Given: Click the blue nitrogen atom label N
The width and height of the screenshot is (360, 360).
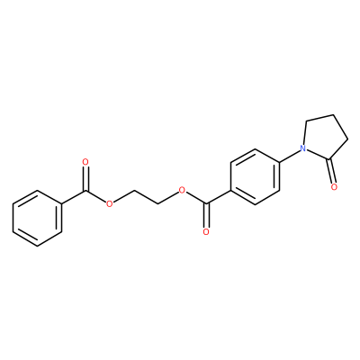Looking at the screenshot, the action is point(303,148).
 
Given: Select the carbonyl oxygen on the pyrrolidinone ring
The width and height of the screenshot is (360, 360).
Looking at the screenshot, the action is point(335,187).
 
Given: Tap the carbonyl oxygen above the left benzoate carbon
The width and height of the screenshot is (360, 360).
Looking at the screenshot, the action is point(85,162).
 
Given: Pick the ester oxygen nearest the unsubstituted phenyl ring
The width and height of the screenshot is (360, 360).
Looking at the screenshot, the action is point(110,204).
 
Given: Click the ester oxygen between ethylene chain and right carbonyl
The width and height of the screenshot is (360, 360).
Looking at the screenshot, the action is point(181,190).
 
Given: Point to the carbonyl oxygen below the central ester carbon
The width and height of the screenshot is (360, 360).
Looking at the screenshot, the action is point(206,232).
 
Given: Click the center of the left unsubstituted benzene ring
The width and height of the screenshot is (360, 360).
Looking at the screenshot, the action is point(38,218).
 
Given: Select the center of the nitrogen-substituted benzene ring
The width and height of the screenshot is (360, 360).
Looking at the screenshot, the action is point(255,176).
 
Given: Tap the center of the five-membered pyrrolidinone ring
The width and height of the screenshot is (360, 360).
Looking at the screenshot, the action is point(326,138).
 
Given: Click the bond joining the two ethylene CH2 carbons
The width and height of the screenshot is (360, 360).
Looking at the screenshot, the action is point(146,197).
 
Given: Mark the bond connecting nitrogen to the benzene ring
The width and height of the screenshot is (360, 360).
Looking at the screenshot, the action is point(290,156).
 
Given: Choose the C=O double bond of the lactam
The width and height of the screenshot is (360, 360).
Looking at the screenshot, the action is point(332,171).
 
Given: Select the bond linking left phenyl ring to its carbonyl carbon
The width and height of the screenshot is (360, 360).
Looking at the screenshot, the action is point(74,197).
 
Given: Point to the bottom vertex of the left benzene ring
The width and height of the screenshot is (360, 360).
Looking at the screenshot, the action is point(38,246).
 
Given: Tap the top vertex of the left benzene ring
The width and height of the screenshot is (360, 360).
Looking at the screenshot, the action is point(38,190).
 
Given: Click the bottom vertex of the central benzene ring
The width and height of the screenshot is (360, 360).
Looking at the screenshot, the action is point(255,204).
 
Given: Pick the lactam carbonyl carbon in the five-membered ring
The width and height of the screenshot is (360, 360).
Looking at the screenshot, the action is point(329,158).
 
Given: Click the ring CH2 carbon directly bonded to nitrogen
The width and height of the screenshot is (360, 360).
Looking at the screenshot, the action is point(306,121).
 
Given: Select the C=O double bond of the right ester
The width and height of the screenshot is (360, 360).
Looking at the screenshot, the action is point(206,216).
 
